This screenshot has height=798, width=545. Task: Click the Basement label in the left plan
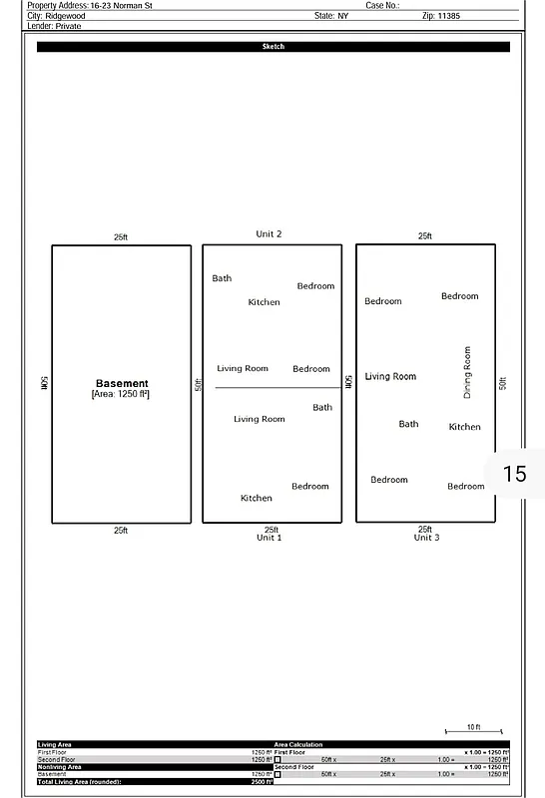coord(122,383)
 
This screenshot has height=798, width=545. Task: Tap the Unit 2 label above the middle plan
coord(269,234)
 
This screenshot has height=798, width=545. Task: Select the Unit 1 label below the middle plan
coord(269,538)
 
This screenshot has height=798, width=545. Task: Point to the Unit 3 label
coord(426,538)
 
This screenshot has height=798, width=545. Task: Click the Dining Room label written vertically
coord(467,372)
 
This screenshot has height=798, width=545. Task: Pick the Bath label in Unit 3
coord(408,424)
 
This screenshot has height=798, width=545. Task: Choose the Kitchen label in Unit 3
coord(464,427)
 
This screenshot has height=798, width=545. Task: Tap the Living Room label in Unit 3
coord(390,376)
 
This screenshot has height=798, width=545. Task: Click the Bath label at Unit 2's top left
coord(222,278)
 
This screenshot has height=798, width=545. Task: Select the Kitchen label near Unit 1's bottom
coord(256,498)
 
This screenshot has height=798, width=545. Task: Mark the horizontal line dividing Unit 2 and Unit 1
coord(276,387)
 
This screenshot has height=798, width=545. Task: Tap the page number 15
coord(514,473)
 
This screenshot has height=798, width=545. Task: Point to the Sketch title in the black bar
coord(272,47)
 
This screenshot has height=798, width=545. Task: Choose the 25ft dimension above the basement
coord(121,237)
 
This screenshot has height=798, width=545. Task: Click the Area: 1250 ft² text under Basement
coord(121,394)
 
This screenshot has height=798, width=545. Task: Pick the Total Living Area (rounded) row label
coord(79,781)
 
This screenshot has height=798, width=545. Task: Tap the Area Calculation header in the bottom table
coord(298,744)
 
